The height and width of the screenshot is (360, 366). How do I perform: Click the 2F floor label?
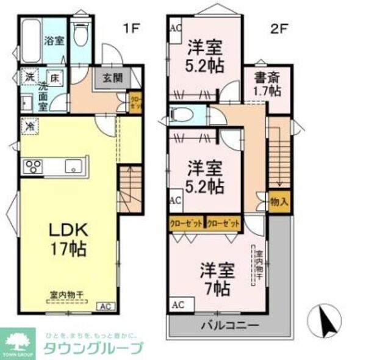coord(281,27)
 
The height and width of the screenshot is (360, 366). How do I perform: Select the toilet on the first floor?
coord(79,35)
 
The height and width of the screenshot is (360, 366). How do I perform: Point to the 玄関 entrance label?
coord(112,77)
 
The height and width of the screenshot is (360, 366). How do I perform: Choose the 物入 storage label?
coord(278,201)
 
